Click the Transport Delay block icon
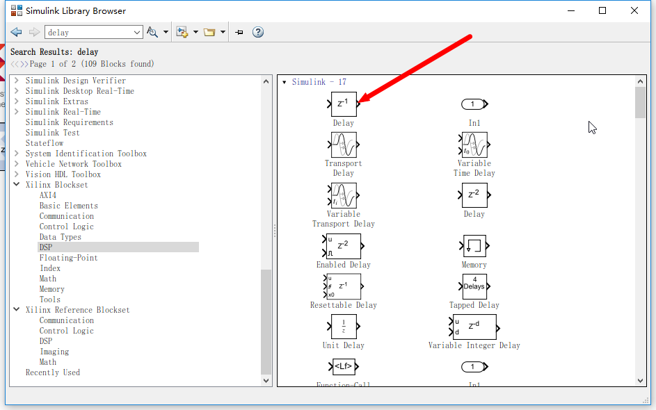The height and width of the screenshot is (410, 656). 344,145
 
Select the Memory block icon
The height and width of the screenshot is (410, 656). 474,246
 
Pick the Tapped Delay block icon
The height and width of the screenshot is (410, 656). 474,286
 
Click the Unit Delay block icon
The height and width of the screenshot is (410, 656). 344,327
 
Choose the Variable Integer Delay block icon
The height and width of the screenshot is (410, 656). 474,327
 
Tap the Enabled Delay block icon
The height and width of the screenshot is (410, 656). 342,246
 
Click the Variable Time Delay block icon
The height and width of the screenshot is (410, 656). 474,145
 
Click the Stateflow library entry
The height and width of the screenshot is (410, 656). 45,143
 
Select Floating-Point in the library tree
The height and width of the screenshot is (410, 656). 69,257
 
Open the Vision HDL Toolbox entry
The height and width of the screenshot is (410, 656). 63,174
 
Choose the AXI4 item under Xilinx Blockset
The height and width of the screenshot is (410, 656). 48,195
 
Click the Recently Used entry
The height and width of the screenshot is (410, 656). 53,372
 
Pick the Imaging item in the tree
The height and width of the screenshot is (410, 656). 54,352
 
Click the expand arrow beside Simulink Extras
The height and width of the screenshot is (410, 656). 16,101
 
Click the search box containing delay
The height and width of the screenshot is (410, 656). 94,32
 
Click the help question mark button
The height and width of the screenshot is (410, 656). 258,32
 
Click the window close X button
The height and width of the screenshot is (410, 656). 634,10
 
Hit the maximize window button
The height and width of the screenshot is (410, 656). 602,10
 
